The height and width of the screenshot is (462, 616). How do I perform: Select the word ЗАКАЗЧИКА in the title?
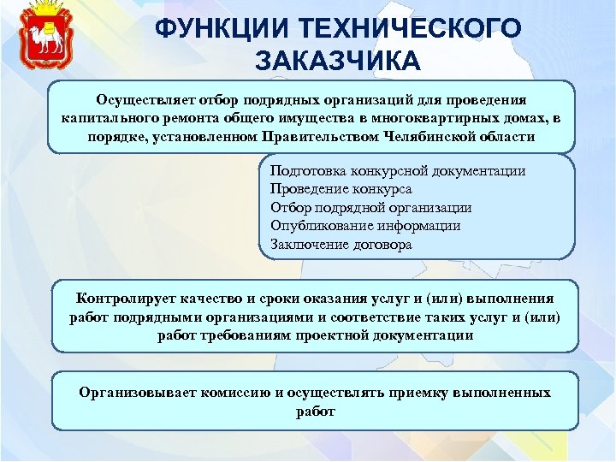click(x=337, y=61)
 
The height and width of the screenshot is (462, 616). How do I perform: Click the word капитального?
click(x=110, y=117)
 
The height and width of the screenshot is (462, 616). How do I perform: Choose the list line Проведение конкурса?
click(x=341, y=189)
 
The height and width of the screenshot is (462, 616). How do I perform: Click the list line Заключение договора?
click(x=341, y=244)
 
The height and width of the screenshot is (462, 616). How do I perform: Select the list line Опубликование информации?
click(x=364, y=226)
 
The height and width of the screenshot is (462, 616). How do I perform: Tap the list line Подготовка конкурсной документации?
click(x=397, y=171)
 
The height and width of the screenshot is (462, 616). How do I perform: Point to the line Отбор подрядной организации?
click(x=370, y=207)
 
